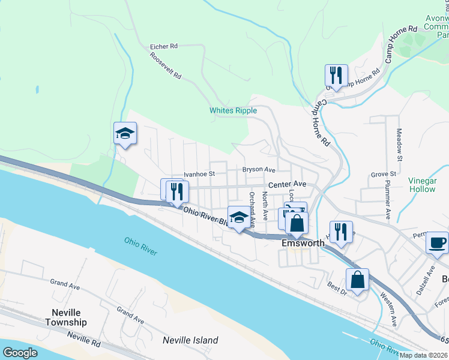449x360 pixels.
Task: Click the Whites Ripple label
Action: click(x=233, y=110)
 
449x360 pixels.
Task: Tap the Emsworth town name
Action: click(x=303, y=244)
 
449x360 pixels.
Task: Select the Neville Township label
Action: click(x=66, y=317)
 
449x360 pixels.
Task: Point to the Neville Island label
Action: click(x=190, y=340)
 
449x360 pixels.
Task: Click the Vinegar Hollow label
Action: click(x=421, y=185)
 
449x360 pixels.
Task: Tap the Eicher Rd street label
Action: click(x=164, y=46)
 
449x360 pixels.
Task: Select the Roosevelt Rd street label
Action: click(x=166, y=66)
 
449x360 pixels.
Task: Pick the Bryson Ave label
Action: click(x=259, y=170)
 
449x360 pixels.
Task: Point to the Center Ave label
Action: click(x=288, y=184)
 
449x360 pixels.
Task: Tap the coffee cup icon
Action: click(x=436, y=243)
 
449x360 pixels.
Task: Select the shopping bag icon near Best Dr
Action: click(x=357, y=280)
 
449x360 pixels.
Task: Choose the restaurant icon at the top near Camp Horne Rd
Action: click(x=336, y=76)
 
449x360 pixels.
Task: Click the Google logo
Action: click(x=20, y=353)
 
